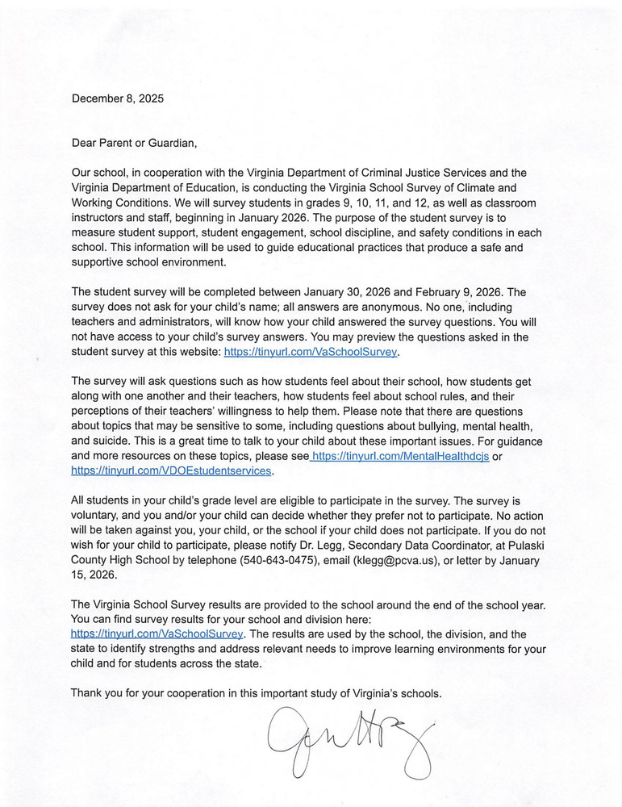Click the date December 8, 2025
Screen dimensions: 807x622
point(117,98)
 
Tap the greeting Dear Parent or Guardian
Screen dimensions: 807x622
point(134,143)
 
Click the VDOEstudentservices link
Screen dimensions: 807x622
point(172,470)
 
